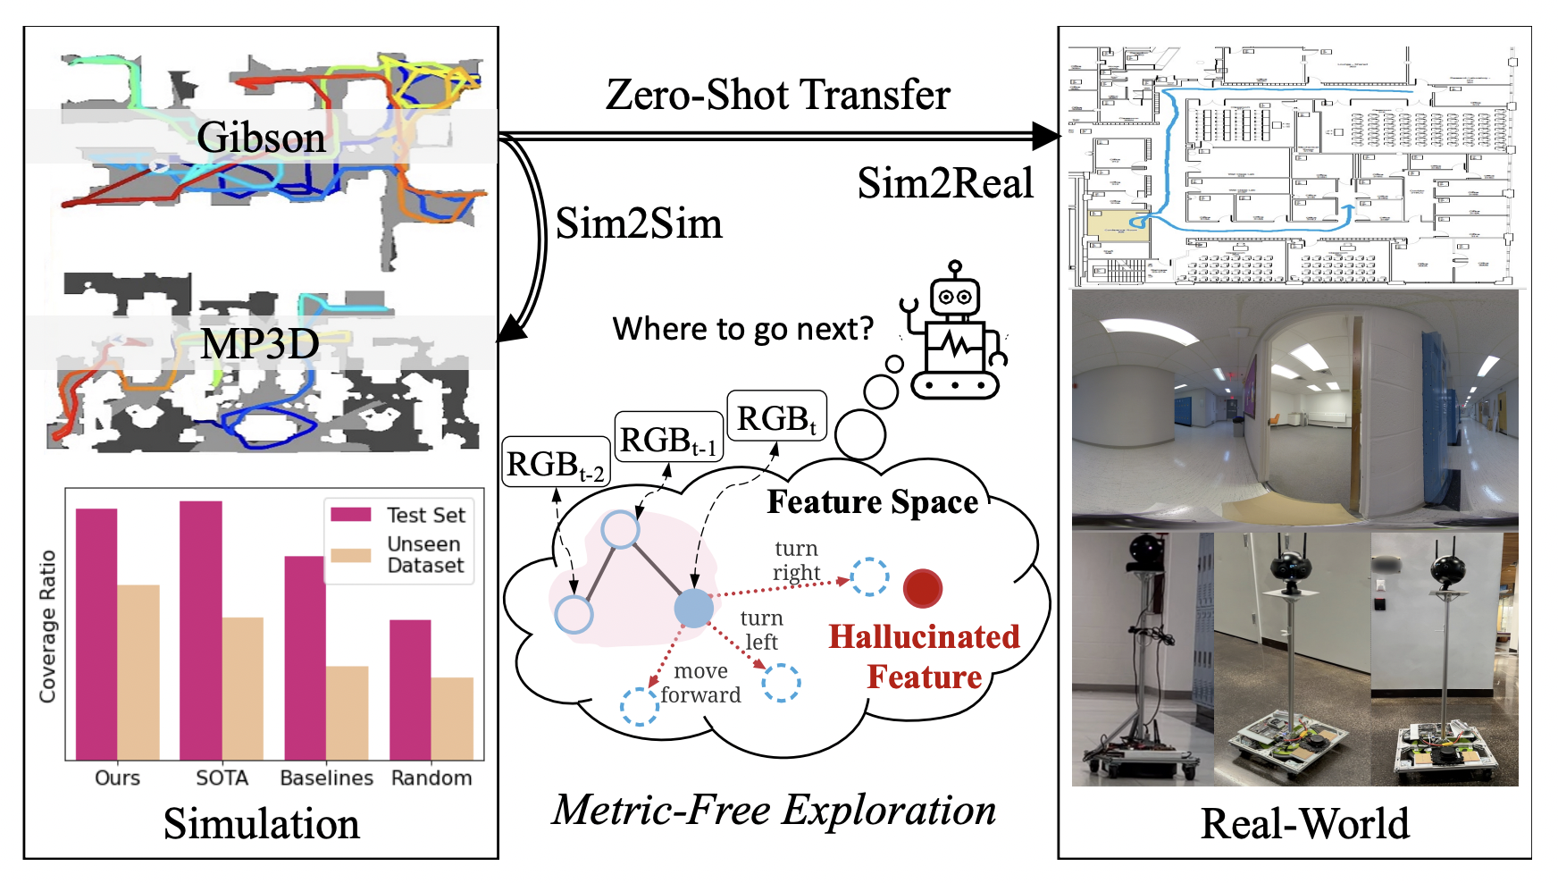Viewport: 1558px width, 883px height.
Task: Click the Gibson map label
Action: pyautogui.click(x=261, y=138)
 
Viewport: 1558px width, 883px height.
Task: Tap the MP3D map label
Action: pyautogui.click(x=260, y=344)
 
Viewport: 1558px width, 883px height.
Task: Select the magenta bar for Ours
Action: pyautogui.click(x=96, y=634)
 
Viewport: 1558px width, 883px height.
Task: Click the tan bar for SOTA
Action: pyautogui.click(x=243, y=688)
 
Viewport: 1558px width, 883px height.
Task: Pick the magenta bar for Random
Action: pyautogui.click(x=410, y=689)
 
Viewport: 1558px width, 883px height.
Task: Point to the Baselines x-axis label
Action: pyautogui.click(x=326, y=778)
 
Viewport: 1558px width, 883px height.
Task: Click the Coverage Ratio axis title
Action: pyautogui.click(x=47, y=626)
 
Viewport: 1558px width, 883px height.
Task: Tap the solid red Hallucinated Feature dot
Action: pyautogui.click(x=923, y=588)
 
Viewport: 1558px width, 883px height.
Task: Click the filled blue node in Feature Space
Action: pyautogui.click(x=693, y=608)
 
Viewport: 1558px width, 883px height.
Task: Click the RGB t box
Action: pyautogui.click(x=776, y=416)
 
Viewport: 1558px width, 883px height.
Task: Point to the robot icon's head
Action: pyautogui.click(x=954, y=295)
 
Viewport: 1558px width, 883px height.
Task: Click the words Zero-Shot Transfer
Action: pyautogui.click(x=777, y=95)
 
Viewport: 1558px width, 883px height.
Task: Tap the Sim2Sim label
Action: pyautogui.click(x=639, y=223)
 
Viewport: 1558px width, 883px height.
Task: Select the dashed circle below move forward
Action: pyautogui.click(x=640, y=707)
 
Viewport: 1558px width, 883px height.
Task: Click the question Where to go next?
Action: pyautogui.click(x=742, y=329)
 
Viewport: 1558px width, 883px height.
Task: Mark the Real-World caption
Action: pyautogui.click(x=1304, y=823)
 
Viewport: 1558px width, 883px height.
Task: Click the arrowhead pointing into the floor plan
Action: pyautogui.click(x=1049, y=137)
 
